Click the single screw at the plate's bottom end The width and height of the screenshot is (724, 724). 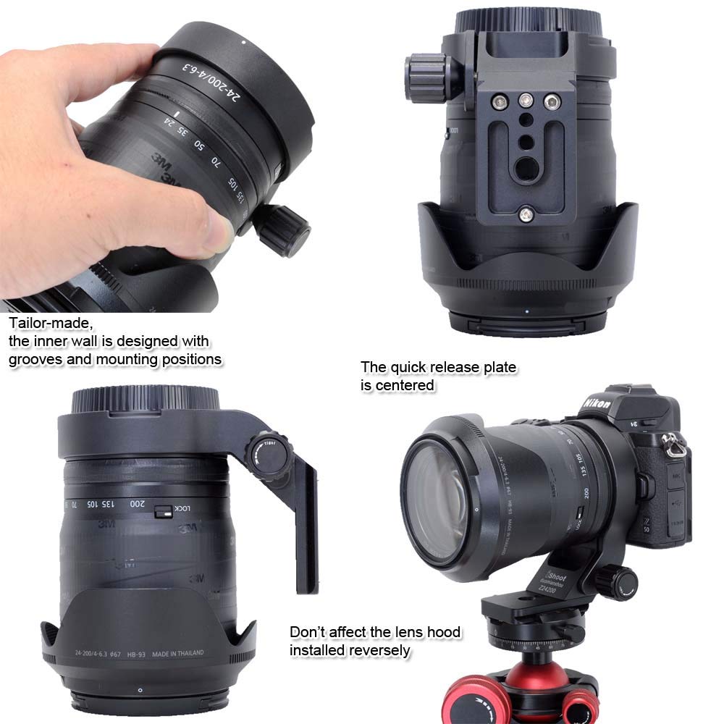526,214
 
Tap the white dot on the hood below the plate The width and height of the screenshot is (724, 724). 527,313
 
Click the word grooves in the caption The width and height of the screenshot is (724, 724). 35,358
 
